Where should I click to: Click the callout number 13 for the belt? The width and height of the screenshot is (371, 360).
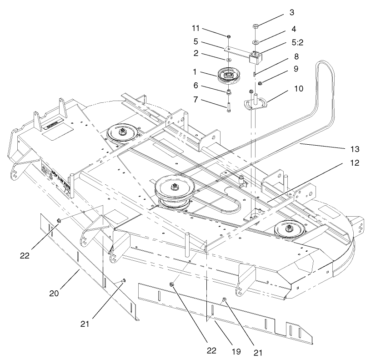353,149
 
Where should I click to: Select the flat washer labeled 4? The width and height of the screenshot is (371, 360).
256,42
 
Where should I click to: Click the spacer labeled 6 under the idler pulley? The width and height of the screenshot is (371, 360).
229,92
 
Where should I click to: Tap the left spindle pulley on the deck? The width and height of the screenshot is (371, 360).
122,132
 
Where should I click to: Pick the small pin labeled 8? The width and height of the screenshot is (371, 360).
255,72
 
